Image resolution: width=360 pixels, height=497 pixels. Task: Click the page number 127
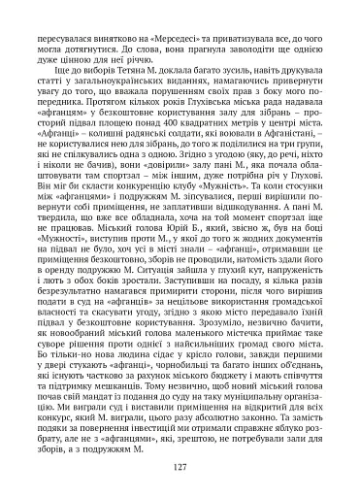pos(180,468)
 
